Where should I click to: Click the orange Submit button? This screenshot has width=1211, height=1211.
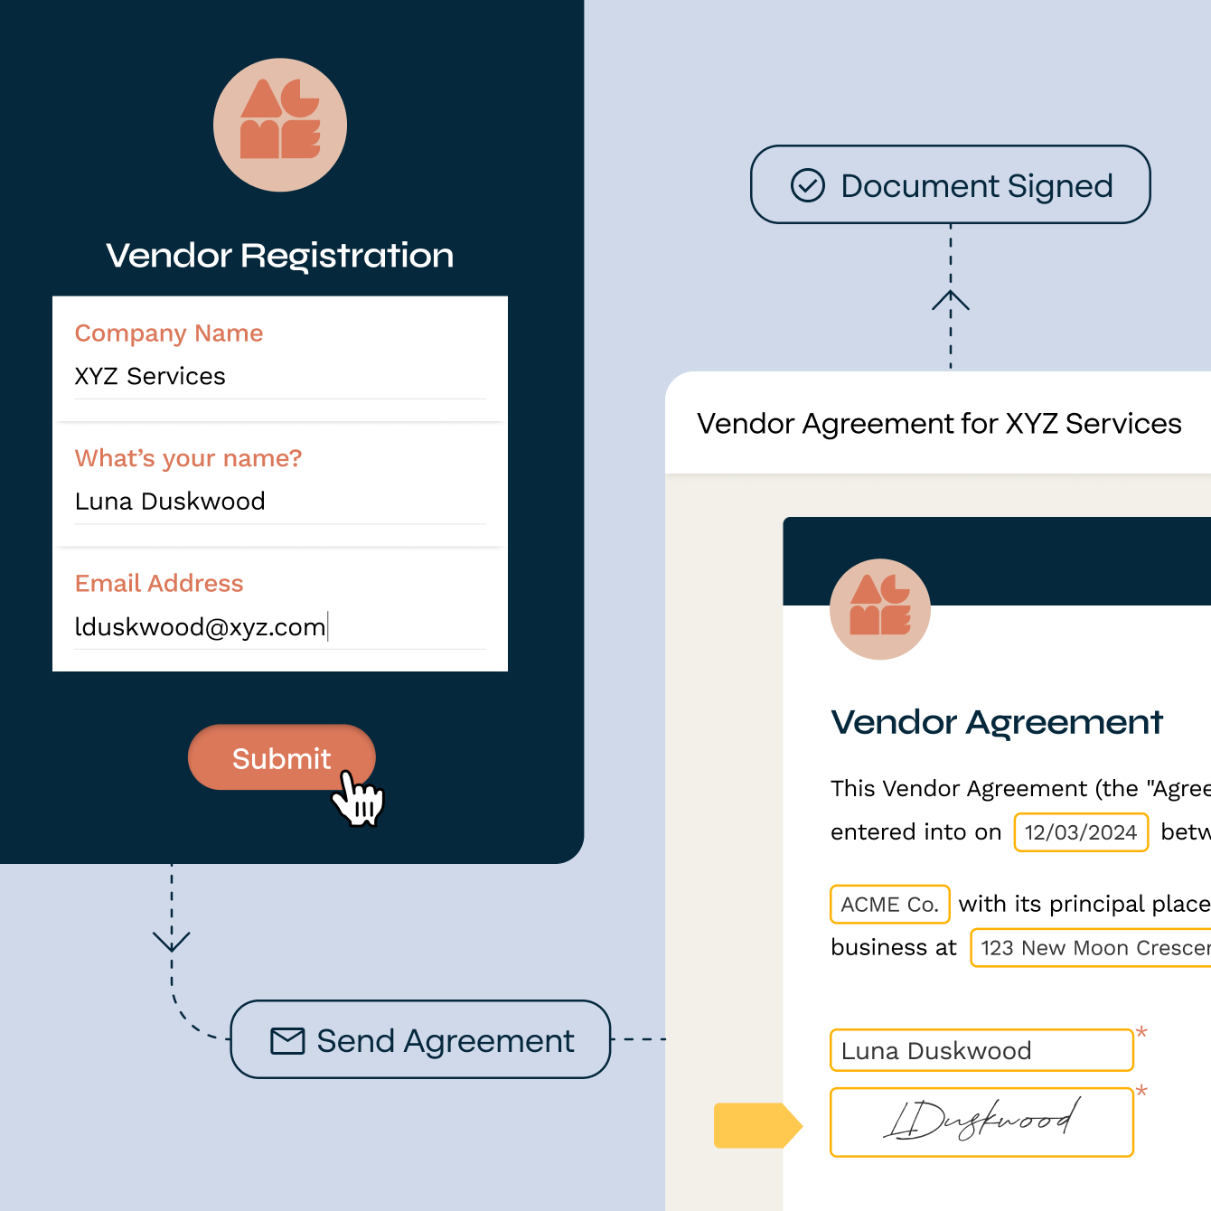point(271,757)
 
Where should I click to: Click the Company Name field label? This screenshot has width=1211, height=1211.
point(169,333)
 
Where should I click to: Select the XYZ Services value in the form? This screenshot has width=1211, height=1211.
point(150,376)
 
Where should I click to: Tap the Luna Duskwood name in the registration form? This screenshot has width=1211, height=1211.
point(170,502)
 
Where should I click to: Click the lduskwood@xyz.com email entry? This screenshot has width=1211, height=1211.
point(200,627)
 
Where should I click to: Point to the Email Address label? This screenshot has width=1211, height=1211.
point(159,584)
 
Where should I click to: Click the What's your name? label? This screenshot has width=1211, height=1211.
point(188,458)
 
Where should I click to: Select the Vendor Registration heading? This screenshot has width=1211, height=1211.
point(279,256)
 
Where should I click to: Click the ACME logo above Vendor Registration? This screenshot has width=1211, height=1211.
point(280,125)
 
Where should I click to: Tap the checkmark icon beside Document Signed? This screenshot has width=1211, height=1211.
point(808,185)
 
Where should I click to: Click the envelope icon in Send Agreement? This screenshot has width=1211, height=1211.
point(287,1041)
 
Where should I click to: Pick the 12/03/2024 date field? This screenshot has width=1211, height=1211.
point(1081,832)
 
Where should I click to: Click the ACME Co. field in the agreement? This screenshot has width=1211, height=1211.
point(889,905)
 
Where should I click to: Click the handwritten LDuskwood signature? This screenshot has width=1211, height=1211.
point(981,1122)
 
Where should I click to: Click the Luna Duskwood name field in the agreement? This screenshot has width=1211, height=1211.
point(981,1051)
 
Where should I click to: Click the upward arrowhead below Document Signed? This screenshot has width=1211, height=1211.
point(951,300)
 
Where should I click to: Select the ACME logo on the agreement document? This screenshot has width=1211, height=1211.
point(880,609)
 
